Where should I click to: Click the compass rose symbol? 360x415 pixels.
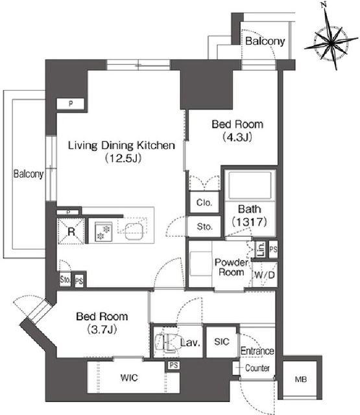coord(333,41)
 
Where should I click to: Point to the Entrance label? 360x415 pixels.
coord(258,351)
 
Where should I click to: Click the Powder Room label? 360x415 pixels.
coord(230,267)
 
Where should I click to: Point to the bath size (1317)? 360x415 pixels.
coord(250,222)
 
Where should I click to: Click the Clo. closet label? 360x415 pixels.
coord(202,202)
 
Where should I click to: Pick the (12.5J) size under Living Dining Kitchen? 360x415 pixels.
coord(122,158)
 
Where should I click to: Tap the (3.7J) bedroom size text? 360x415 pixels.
coord(102,329)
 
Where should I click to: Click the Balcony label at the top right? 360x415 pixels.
coord(265,41)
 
